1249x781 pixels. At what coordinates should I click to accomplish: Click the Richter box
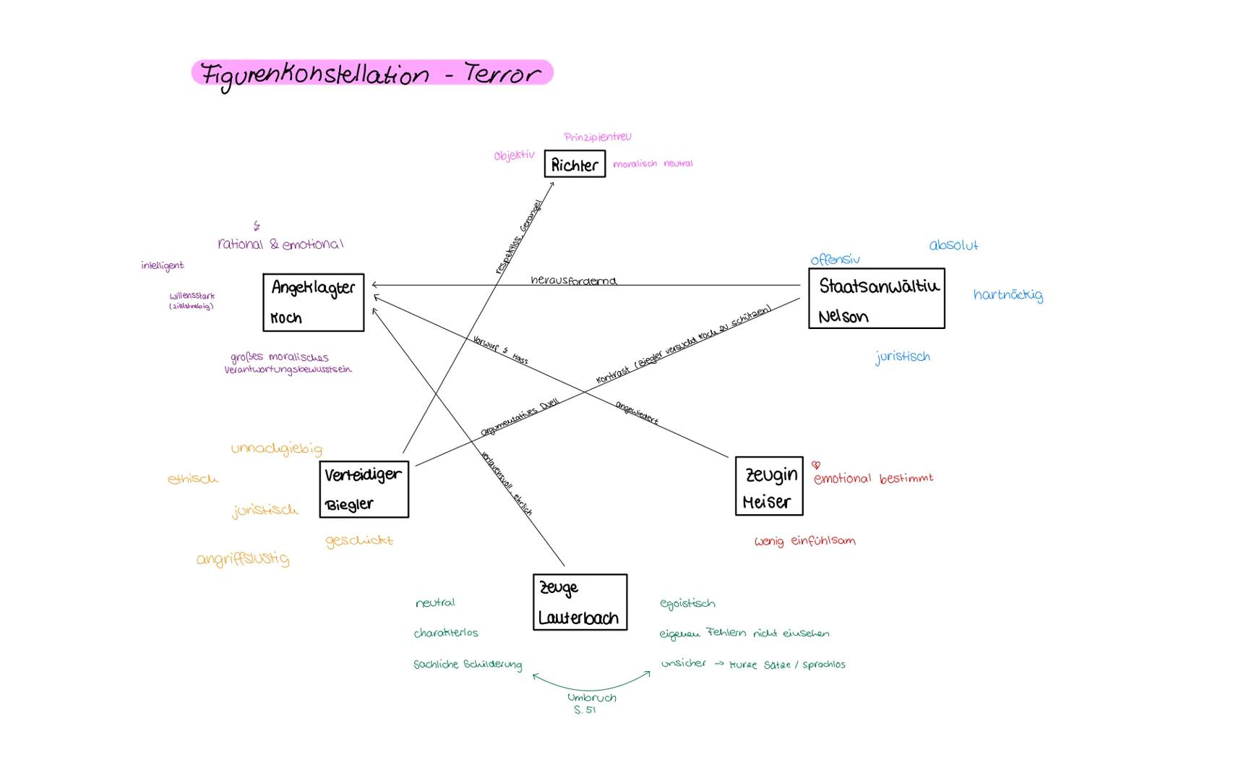click(575, 164)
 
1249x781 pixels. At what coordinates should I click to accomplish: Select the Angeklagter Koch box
click(313, 302)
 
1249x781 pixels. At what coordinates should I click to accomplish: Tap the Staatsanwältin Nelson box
click(876, 299)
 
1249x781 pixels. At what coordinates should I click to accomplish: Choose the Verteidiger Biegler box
click(364, 489)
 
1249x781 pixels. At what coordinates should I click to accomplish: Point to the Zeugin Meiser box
click(769, 486)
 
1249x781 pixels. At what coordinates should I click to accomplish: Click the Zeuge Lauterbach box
click(580, 602)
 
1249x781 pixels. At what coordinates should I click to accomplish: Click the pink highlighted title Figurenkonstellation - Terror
click(372, 73)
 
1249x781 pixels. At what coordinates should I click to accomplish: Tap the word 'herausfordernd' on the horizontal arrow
click(573, 280)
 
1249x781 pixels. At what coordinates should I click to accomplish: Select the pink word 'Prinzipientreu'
click(597, 137)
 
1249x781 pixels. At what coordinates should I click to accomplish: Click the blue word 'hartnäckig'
click(1008, 294)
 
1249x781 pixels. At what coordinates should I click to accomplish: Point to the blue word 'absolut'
click(953, 245)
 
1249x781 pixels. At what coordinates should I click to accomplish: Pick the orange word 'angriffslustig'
click(243, 559)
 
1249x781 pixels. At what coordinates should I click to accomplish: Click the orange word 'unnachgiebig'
click(276, 448)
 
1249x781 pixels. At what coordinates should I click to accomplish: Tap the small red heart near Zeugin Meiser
click(816, 465)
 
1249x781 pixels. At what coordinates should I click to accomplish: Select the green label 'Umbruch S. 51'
click(591, 703)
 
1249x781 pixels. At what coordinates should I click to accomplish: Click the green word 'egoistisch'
click(687, 603)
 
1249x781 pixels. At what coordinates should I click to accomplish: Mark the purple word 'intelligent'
click(163, 265)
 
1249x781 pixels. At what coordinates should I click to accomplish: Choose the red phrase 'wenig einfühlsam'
click(804, 541)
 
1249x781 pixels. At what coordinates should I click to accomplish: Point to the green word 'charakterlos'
click(446, 633)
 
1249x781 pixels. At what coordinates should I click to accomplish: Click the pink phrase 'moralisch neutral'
click(653, 164)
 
